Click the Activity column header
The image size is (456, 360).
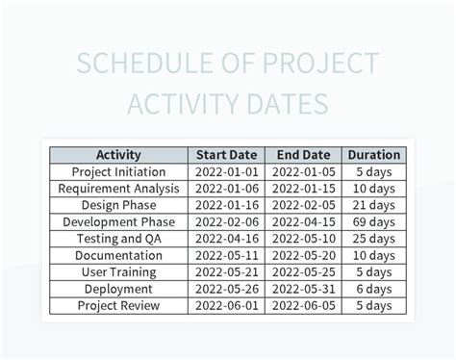click(119, 154)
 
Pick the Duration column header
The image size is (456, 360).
click(373, 154)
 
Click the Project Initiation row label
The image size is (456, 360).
click(119, 171)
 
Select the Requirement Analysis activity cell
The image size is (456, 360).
click(119, 188)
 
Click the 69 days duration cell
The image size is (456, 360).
click(373, 221)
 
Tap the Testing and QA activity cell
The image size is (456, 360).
click(119, 239)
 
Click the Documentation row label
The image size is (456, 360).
click(119, 255)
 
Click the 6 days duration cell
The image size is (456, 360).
click(373, 289)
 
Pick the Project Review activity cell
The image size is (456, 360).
click(119, 306)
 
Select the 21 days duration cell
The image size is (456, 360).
click(373, 205)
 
